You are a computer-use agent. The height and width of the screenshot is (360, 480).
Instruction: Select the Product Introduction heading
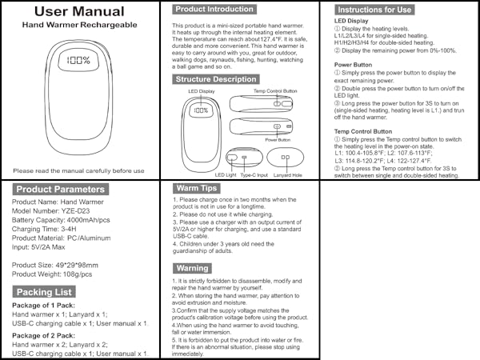[x=215, y=9]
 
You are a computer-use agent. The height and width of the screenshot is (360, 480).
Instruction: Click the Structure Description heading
[x=216, y=79]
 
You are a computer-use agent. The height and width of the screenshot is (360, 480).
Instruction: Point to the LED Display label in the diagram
[x=201, y=91]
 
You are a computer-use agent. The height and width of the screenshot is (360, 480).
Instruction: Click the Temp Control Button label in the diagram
[x=274, y=91]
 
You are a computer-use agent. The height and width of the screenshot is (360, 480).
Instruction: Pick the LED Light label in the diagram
[x=226, y=174]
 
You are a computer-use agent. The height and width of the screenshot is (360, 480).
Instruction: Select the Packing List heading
[x=45, y=292]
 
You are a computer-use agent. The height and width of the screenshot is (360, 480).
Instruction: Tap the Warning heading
[x=193, y=268]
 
